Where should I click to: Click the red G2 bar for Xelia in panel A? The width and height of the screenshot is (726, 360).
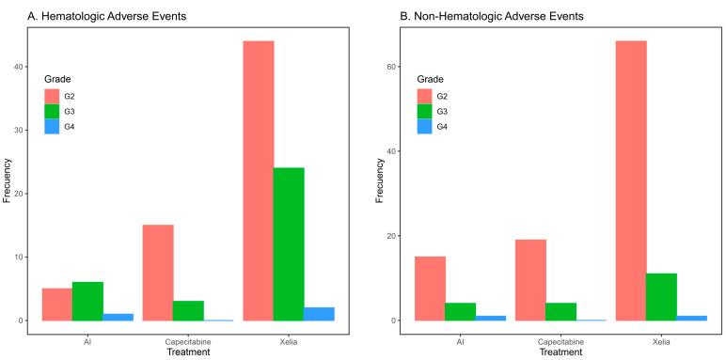point(258,180)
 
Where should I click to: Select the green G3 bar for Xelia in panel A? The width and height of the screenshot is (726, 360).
point(289,243)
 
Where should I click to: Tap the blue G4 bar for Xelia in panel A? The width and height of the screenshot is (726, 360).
point(319,314)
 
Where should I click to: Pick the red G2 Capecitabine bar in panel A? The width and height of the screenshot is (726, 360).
point(158,273)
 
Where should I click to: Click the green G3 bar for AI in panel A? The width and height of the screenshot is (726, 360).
point(87,301)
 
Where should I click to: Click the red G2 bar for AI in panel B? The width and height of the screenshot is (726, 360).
point(430,289)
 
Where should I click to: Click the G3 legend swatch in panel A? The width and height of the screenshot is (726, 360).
point(52,111)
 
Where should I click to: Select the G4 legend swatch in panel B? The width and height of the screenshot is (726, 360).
point(425,127)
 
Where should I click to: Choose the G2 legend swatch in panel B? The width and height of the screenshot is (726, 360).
point(425,95)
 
